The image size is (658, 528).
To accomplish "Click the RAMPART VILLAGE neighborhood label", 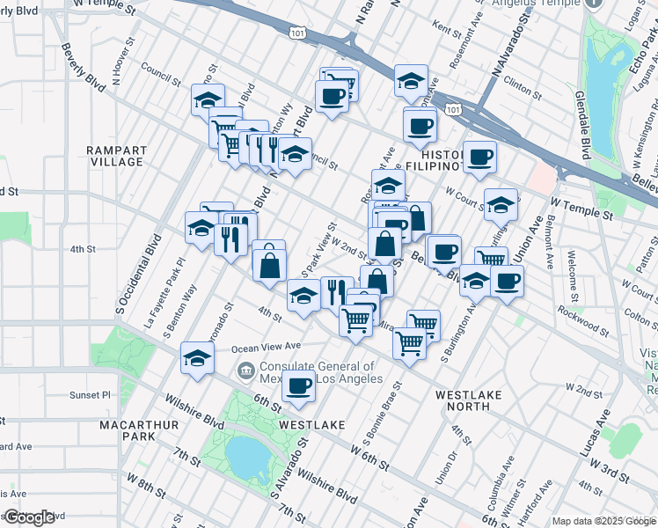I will [115, 156].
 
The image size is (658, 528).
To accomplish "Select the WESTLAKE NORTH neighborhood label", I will [468, 400].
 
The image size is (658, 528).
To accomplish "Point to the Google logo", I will [29, 517].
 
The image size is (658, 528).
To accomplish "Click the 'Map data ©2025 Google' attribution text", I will [603, 521].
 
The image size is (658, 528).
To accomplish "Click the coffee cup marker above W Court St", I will [479, 158].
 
